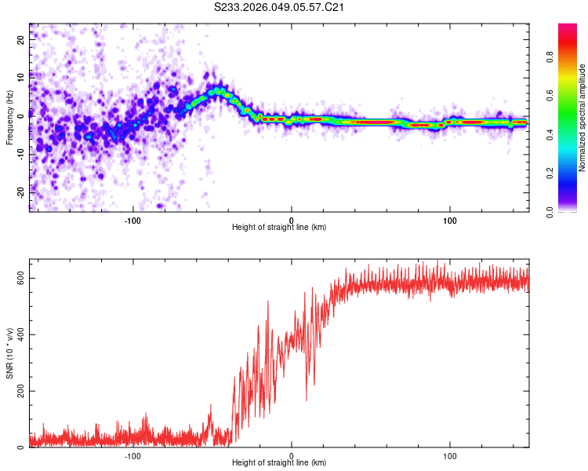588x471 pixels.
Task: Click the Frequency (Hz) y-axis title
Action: [9, 118]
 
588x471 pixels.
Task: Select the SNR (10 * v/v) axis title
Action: [9, 352]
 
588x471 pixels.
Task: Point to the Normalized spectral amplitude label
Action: [582, 118]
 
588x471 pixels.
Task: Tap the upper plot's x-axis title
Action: [279, 228]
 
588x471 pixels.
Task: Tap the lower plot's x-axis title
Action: [279, 463]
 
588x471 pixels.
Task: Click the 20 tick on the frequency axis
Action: [21, 38]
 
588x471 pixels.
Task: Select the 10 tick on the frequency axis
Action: [21, 76]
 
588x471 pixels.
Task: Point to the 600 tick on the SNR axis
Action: [21, 278]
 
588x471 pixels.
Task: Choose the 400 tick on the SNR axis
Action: [21, 334]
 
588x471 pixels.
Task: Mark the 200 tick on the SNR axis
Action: [21, 391]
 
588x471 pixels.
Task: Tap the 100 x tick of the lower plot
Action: [450, 455]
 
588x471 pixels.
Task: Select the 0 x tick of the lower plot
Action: [292, 455]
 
